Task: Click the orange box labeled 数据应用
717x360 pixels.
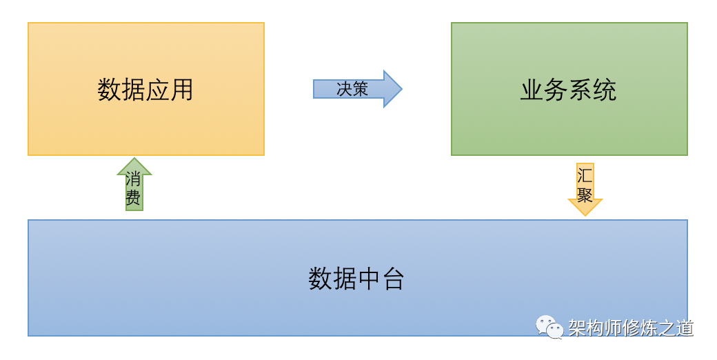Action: pos(146,89)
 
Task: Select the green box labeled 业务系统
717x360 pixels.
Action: pos(569,89)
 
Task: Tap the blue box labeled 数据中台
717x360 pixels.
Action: pos(358,278)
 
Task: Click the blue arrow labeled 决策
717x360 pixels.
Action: pos(357,89)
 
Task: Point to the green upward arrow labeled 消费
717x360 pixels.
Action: pos(134,184)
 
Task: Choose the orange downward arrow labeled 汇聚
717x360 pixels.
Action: pos(585,189)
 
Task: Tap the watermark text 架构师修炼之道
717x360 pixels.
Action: pos(631,328)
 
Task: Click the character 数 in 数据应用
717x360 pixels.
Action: pos(109,89)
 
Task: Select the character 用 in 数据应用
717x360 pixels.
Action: pos(182,89)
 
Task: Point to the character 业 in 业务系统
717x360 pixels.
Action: pos(532,90)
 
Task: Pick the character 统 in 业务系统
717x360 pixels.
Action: pos(605,90)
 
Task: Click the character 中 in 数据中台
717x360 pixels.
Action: pos(369,279)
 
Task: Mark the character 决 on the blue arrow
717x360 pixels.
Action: pos(344,89)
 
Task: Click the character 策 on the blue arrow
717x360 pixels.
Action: pos(361,89)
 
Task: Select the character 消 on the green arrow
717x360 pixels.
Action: pos(133,179)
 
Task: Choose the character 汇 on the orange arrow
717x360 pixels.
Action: pos(585,176)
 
